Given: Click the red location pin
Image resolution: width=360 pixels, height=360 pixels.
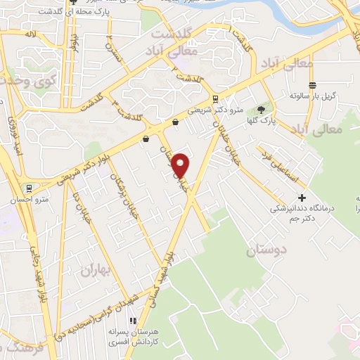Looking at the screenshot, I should coord(181,165).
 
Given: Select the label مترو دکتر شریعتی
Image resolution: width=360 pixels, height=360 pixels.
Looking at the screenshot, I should coord(219,111).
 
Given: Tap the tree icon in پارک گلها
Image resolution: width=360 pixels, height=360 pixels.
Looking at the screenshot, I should coord(261,110).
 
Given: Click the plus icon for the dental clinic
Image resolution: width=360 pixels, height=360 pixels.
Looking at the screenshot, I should coord(302,198).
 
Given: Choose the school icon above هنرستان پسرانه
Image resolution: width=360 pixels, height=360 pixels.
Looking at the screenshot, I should coord(131,321).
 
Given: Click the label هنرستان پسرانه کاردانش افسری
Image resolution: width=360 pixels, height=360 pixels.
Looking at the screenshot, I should coord(132,335).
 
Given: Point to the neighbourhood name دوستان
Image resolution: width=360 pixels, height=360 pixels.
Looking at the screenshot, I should coord(267,250).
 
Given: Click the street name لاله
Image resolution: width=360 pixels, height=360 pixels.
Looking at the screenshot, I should coord(30,33).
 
